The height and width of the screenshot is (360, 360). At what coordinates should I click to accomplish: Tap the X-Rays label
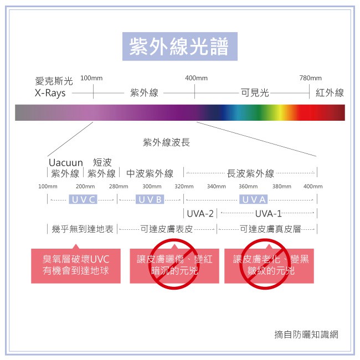point(50,93)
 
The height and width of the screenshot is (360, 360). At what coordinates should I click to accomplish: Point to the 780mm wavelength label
point(310,78)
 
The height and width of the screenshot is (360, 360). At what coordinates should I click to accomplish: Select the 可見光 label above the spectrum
point(255,93)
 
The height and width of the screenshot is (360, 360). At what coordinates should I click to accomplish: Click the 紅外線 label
point(330,93)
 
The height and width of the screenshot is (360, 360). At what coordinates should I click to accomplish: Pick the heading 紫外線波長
point(166,142)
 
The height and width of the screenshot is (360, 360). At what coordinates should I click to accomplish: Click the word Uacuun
point(65,163)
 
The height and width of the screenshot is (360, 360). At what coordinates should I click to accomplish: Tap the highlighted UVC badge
point(83,199)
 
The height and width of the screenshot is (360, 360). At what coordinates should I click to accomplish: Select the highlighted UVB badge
point(150,199)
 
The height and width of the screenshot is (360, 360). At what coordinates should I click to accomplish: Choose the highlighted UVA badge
point(254,199)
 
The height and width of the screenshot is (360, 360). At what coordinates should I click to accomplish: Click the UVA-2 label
point(200,213)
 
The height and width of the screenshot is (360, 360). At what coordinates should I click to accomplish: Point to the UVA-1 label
point(268,213)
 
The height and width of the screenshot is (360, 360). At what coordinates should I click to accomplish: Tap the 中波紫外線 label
point(150,174)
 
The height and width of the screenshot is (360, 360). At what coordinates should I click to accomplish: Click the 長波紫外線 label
point(250,174)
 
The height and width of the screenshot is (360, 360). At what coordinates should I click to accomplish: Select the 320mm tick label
point(184,187)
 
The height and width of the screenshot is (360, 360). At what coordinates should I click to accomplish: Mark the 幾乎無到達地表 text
point(83,228)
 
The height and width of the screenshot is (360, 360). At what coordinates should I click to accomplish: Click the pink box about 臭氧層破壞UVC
point(76,265)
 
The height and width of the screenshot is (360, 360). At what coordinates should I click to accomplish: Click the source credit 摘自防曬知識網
point(306,334)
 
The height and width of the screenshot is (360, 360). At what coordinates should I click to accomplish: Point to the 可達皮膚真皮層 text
point(270,228)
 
